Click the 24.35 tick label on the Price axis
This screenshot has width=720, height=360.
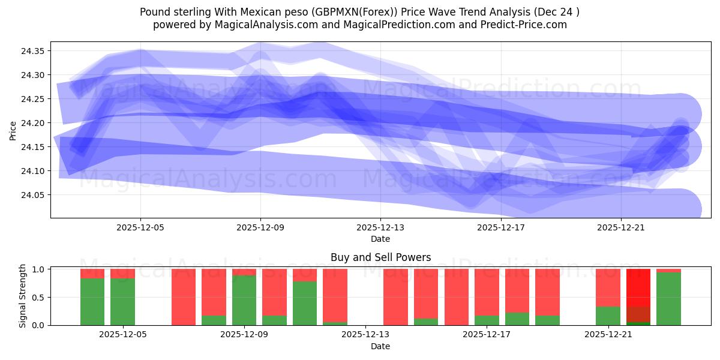tap(33, 51)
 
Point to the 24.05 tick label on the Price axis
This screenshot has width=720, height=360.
tap(33, 195)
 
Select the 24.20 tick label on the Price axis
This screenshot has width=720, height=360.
tap(33, 123)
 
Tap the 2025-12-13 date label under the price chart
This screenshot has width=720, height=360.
tap(380, 228)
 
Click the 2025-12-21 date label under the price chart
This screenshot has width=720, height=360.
tap(620, 228)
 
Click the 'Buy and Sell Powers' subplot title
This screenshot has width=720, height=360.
tap(380, 258)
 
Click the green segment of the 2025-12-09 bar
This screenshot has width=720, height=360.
tap(244, 300)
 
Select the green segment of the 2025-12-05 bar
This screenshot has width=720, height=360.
tap(122, 302)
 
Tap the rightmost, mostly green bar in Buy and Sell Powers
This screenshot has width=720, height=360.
tap(668, 299)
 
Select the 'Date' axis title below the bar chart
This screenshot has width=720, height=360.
tap(380, 346)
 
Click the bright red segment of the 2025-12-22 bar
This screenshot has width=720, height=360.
tap(638, 287)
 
